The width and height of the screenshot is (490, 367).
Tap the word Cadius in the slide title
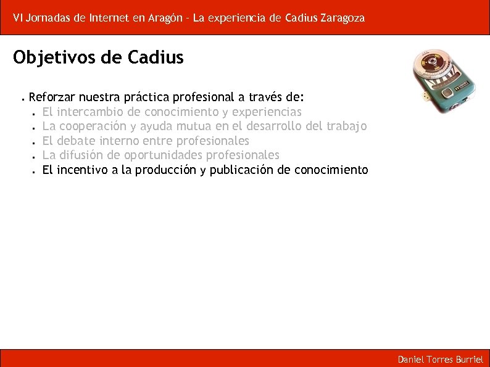tap(156, 58)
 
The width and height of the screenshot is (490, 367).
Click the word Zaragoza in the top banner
tap(343, 18)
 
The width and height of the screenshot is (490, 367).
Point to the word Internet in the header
tap(109, 18)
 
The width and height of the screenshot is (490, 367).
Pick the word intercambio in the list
tap(91, 112)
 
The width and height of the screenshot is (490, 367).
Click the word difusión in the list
tap(82, 155)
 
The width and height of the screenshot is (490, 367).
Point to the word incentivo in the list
tap(83, 170)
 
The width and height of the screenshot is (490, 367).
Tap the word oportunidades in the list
tap(164, 155)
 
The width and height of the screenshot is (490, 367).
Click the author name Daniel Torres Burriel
tap(440, 359)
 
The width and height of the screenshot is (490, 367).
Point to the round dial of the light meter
tap(437, 66)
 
